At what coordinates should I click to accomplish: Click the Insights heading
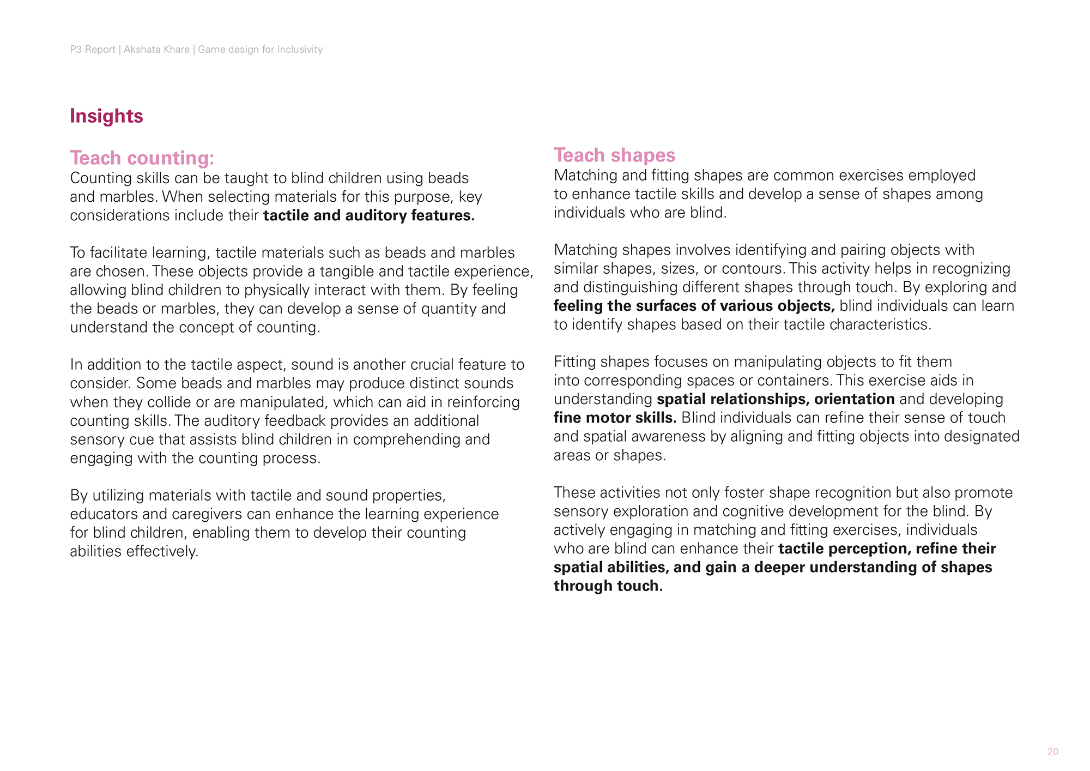tap(106, 116)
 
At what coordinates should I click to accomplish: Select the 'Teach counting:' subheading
tap(142, 158)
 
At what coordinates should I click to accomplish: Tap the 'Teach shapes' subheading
tap(614, 155)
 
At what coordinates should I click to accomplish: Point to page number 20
tap(1052, 752)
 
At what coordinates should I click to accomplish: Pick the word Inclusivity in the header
tap(300, 50)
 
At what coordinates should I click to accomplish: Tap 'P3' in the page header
tap(76, 50)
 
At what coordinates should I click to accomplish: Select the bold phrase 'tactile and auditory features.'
tap(368, 216)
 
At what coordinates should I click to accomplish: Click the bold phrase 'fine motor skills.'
tap(615, 418)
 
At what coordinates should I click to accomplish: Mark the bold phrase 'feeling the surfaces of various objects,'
tap(694, 306)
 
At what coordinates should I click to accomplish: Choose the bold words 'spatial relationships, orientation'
tap(776, 400)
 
